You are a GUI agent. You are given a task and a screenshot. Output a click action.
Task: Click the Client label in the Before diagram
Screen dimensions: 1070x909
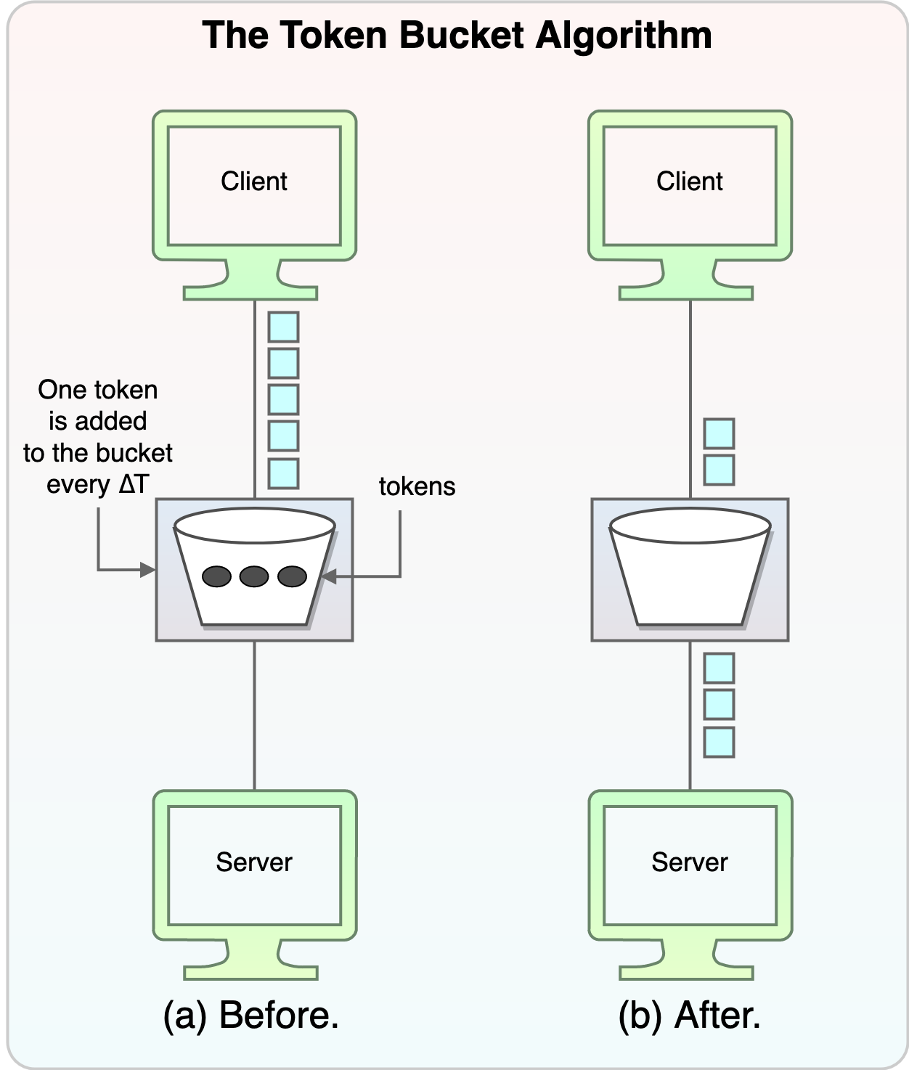point(254,181)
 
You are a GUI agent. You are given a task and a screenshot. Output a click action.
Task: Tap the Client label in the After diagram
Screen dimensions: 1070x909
point(690,181)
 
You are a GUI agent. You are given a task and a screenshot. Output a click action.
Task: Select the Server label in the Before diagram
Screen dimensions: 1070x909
point(254,862)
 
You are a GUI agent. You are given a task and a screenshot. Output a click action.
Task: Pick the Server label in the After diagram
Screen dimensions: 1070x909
point(690,862)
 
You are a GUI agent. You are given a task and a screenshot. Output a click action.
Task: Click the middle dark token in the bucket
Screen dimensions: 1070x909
point(254,576)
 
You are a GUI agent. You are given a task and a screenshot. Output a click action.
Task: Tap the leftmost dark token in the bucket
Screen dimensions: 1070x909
point(216,576)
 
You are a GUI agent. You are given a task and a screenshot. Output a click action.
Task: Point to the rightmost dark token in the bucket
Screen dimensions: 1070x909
point(293,576)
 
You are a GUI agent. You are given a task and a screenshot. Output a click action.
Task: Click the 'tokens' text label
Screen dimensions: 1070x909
point(417,486)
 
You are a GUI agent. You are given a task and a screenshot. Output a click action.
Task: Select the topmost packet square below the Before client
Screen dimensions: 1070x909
point(283,327)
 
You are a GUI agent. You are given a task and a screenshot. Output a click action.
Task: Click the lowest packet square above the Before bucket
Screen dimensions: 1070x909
point(283,473)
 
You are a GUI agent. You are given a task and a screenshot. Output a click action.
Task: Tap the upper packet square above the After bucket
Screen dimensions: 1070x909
point(719,433)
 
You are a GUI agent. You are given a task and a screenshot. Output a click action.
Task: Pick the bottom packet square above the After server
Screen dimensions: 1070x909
point(719,742)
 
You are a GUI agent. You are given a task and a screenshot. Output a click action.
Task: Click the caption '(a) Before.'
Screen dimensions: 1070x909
point(251,1015)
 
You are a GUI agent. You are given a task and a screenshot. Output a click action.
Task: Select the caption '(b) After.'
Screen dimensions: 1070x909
point(690,1015)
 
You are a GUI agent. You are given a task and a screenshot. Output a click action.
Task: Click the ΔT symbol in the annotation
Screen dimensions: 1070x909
point(134,484)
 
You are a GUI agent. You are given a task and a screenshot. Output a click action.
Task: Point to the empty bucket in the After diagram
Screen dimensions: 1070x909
point(690,570)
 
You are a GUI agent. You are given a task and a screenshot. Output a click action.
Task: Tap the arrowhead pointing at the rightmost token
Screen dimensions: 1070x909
point(327,577)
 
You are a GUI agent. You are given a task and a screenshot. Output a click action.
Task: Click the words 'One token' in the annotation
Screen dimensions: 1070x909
point(98,390)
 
